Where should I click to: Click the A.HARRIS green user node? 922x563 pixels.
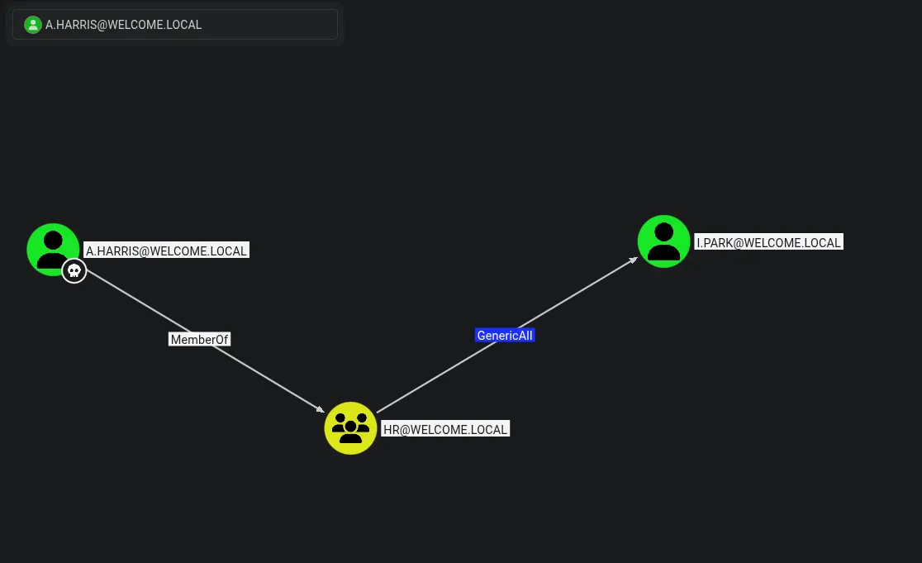(x=53, y=250)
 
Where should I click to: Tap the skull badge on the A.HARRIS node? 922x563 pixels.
(x=74, y=270)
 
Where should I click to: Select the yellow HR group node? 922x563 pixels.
(x=350, y=428)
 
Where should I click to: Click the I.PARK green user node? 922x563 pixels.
(x=664, y=241)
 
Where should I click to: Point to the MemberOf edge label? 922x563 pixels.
(x=199, y=340)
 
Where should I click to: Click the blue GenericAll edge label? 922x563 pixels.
(x=505, y=336)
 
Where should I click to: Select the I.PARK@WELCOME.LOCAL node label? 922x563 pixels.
(x=768, y=242)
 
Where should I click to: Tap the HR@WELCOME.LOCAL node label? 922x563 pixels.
(x=445, y=429)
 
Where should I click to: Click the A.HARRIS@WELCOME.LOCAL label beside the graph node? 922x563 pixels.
(x=166, y=250)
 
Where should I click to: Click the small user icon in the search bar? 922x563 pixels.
(x=33, y=25)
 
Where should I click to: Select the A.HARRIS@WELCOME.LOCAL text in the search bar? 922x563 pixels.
(x=123, y=25)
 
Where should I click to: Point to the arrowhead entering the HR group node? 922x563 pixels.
(x=321, y=409)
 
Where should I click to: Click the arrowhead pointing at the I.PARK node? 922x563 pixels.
(x=634, y=260)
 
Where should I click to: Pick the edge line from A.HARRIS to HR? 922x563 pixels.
(x=205, y=341)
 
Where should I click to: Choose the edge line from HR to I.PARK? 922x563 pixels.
(x=507, y=335)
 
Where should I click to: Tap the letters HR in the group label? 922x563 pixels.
(x=391, y=430)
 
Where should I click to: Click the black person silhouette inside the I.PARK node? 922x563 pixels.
(x=664, y=241)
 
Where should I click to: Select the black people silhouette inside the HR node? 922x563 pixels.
(x=350, y=427)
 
